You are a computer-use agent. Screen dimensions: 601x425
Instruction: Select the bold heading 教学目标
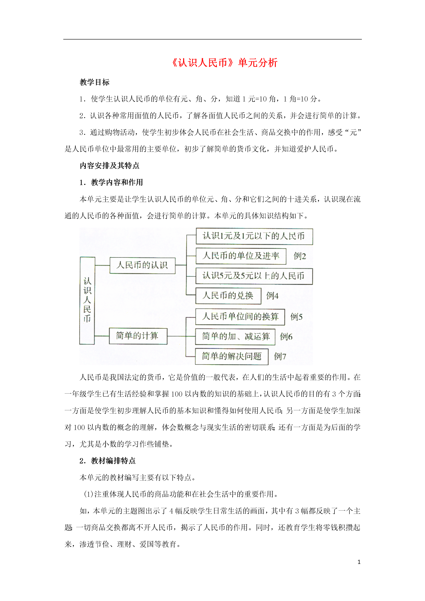coord(95,82)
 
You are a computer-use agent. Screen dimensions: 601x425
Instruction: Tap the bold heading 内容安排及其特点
coord(109,165)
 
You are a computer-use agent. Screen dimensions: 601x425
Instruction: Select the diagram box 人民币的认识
coord(142,265)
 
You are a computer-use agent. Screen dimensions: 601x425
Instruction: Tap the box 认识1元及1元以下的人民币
coord(254,236)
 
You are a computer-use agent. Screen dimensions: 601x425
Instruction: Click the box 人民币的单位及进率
coord(241,256)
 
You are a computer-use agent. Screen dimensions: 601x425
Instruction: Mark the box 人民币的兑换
coord(228,296)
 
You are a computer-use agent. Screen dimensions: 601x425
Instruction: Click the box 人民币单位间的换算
coord(240,317)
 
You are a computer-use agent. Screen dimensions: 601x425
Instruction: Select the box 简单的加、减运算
coord(235,337)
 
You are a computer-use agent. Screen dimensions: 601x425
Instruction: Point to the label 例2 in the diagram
coord(300,256)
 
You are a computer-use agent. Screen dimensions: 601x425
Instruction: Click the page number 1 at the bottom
coord(359,562)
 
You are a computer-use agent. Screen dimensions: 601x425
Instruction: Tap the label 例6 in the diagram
coord(286,337)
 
